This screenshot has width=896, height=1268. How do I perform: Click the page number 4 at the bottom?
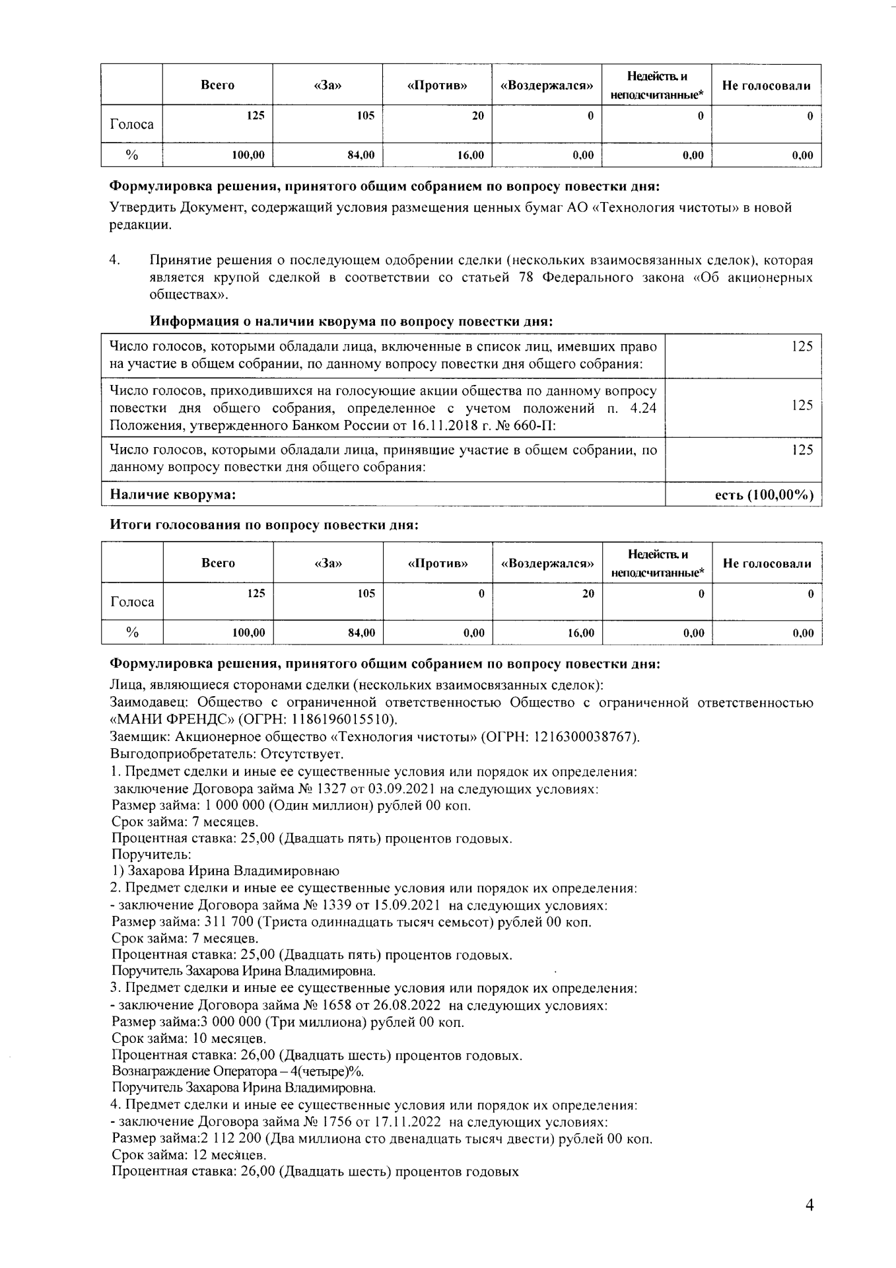[x=809, y=1205]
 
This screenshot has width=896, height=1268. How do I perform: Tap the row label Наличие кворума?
[x=173, y=495]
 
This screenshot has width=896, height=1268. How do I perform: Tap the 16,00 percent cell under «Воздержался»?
[x=581, y=633]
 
